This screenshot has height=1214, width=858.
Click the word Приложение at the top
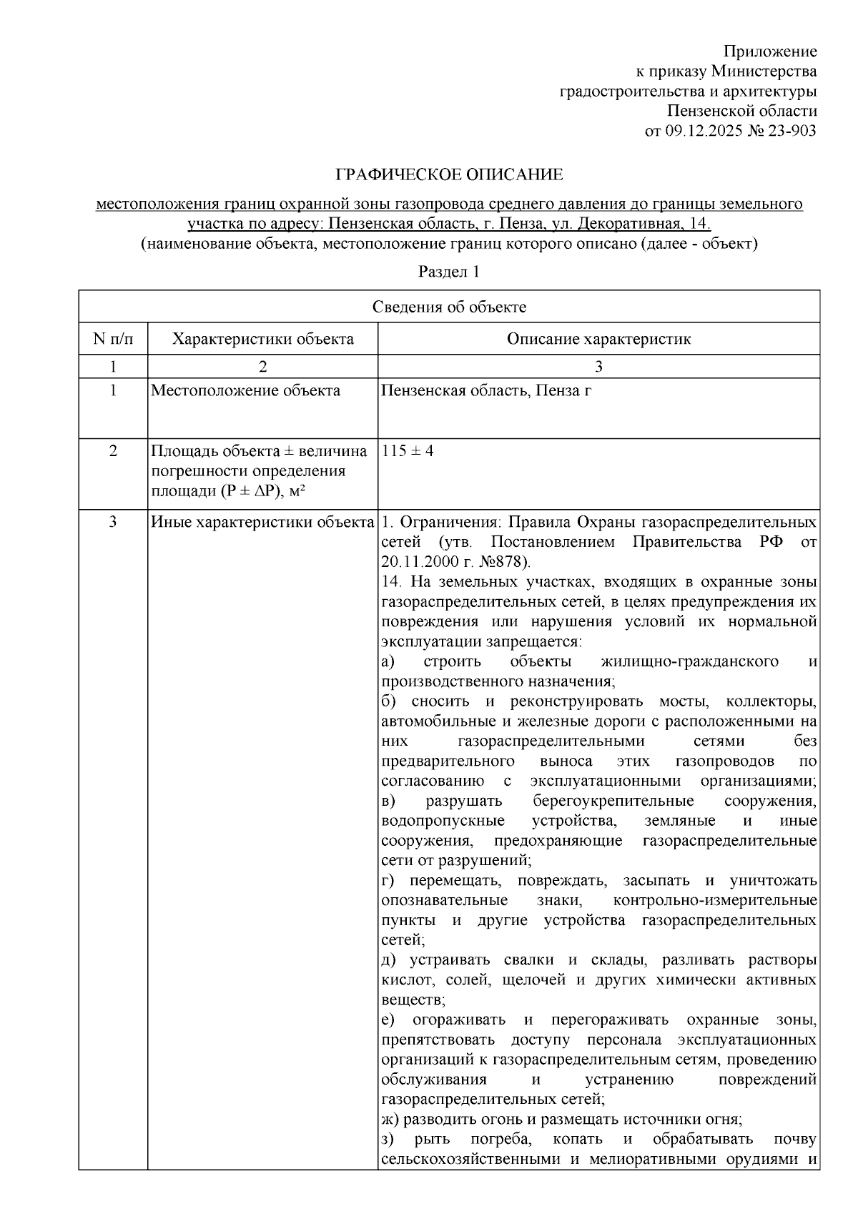[x=770, y=51]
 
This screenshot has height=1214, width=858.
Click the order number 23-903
[x=793, y=131]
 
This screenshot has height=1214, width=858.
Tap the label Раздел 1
[x=448, y=272]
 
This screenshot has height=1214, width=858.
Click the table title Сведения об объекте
[x=449, y=307]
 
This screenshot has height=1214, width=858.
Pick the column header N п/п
[x=113, y=339]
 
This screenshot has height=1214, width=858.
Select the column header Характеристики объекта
[x=262, y=339]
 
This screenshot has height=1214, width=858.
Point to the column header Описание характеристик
[x=598, y=339]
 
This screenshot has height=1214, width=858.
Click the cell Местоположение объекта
[x=246, y=391]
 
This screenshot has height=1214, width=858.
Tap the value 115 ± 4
[x=408, y=452]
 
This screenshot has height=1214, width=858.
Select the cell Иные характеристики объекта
[x=262, y=522]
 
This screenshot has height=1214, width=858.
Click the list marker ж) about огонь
[x=389, y=1120]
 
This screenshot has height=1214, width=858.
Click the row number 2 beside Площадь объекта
[x=113, y=452]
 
